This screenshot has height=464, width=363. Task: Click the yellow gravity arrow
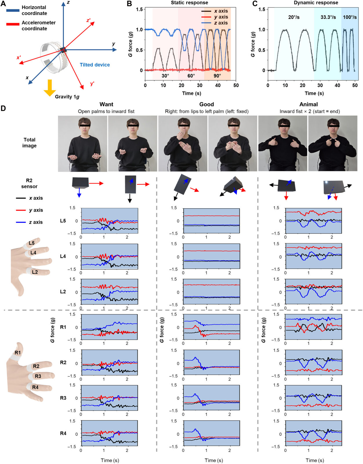50,88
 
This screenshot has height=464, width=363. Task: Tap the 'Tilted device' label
95,65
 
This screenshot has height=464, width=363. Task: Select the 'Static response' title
189,3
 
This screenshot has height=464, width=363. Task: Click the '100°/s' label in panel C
350,17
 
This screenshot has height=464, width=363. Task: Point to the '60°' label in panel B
191,76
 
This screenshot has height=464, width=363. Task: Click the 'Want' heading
106,104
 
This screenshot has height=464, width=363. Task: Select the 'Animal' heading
308,104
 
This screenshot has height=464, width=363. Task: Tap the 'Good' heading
206,104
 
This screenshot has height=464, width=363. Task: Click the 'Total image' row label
29,143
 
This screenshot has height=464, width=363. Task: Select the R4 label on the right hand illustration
35,387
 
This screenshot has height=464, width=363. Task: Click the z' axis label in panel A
89,21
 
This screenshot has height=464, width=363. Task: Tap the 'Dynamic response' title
316,3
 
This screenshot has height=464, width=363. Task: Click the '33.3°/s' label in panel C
328,17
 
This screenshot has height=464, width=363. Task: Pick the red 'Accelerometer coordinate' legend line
13,24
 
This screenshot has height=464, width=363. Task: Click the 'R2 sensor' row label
29,183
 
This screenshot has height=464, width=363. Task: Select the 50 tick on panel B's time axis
236,86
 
